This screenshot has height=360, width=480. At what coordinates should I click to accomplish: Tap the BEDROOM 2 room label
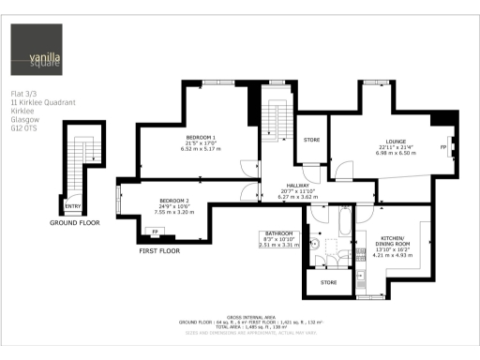pos(173,201)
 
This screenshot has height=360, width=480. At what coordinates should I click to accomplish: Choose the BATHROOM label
pos(278,233)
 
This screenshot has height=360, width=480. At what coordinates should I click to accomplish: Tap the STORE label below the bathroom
pos(328,281)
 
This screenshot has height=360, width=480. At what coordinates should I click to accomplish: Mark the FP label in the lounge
pos(442,147)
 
